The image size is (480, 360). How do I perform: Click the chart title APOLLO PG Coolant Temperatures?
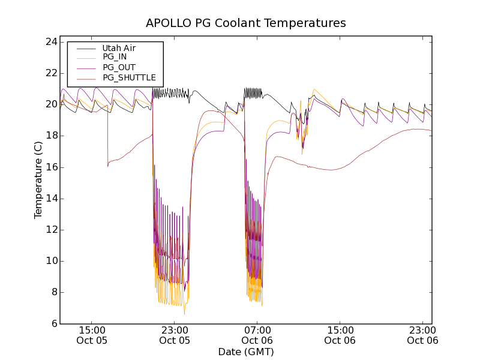coord(246,23)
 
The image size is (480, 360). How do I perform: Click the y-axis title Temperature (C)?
coord(38,180)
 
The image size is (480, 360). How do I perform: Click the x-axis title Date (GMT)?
coord(246,352)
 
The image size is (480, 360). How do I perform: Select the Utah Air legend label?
coord(119,48)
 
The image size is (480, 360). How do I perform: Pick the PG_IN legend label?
coord(115,58)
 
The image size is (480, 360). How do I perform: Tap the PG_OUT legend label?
coord(119,67)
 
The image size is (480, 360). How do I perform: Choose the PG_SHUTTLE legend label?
coord(129,77)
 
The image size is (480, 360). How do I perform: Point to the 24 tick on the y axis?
coord(50,42)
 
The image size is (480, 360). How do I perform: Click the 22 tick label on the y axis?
coord(50,73)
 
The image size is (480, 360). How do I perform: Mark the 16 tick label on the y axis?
coord(50,167)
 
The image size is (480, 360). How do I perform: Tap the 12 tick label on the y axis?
coord(50,230)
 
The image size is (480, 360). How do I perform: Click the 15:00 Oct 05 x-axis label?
coord(92,335)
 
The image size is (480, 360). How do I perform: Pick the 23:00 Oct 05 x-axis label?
coord(175,335)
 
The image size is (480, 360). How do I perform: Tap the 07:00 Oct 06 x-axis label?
coord(257,335)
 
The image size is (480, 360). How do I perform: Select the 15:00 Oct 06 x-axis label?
coord(340,335)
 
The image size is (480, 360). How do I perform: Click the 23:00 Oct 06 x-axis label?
coord(422,335)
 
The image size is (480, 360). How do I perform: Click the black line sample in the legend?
coord(84,48)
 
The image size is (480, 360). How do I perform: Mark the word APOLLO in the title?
coord(166,23)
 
